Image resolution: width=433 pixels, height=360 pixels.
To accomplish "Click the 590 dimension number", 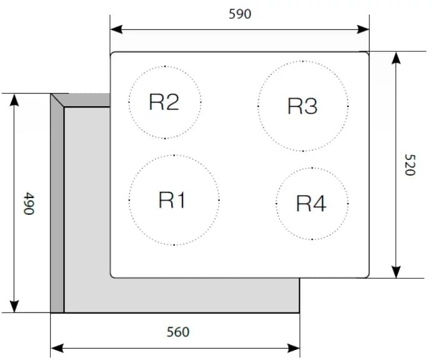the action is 240,14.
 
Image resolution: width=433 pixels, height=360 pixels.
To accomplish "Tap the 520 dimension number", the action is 410,165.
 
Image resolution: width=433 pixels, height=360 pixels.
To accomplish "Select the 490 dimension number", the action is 29,204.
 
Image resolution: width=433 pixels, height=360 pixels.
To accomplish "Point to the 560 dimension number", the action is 178,332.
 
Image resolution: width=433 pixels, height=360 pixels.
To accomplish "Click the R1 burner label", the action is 172,199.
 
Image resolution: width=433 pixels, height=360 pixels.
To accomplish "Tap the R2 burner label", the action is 164,102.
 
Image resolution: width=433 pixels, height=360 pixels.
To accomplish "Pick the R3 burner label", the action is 302,106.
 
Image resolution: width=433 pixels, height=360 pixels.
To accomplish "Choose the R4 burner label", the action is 311,204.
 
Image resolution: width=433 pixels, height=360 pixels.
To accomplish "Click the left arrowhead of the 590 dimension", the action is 116,29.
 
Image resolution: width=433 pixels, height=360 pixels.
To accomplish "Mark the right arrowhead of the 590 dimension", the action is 363,29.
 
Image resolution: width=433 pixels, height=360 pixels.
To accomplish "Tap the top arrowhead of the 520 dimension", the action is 396,57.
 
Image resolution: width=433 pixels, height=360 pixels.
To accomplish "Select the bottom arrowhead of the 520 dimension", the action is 396,272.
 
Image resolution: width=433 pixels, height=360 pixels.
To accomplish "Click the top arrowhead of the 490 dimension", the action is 14,100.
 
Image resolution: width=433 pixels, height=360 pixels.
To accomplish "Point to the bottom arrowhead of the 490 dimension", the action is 14,306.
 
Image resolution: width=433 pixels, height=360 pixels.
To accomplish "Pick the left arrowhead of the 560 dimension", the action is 57,348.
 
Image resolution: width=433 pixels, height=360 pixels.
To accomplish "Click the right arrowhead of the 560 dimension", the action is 294,348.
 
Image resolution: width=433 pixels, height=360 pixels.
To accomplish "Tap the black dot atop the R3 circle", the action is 303,61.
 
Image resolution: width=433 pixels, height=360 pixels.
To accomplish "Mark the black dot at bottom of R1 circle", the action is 174,245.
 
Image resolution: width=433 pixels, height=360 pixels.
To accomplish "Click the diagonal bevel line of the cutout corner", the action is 57,100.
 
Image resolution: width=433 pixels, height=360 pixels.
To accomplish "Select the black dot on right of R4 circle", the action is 347,204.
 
